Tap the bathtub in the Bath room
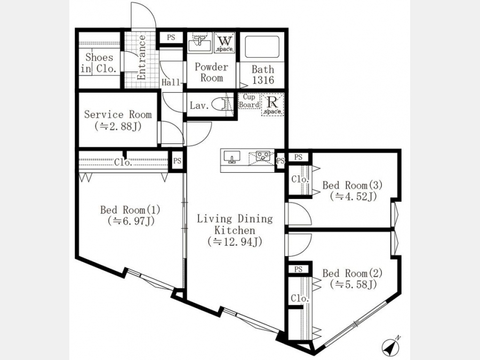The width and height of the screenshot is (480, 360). (262, 47)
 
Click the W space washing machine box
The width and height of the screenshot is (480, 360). (225, 43)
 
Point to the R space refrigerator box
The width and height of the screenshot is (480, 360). (273, 105)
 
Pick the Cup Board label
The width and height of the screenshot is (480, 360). (249, 101)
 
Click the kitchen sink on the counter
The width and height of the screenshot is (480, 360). (232, 157)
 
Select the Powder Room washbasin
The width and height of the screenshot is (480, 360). (199, 43)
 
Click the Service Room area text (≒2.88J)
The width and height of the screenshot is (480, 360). (118, 126)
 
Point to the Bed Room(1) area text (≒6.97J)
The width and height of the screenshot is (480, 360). (131, 221)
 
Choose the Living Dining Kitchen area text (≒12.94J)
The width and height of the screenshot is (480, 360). (235, 242)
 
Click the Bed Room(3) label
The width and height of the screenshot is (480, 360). (353, 185)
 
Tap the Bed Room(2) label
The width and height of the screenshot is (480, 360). (353, 273)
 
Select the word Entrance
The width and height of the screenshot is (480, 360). (142, 58)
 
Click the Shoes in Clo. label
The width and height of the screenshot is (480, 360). (99, 63)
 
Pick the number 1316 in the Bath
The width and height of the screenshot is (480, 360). (263, 80)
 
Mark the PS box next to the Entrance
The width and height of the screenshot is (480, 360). (171, 37)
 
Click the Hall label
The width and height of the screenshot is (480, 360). (171, 82)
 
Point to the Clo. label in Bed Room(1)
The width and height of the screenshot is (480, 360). (123, 162)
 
